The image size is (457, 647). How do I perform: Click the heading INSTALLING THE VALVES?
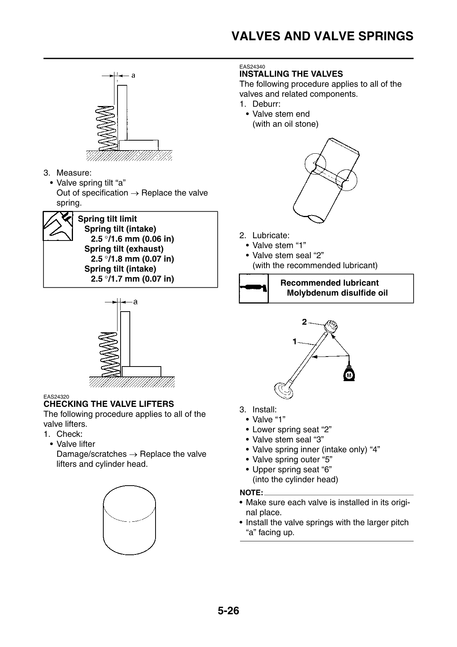[291, 74]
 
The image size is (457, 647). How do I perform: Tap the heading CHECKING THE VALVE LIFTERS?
[109, 404]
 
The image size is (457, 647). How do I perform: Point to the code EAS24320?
[56, 397]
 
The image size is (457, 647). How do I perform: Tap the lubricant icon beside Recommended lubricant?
[253, 289]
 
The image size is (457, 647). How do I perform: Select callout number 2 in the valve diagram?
[304, 322]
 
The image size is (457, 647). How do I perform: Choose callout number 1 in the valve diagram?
[295, 341]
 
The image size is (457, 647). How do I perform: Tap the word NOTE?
[251, 493]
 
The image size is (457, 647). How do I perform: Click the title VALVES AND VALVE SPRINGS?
[323, 36]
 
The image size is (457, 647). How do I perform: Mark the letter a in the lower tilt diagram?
[136, 302]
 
